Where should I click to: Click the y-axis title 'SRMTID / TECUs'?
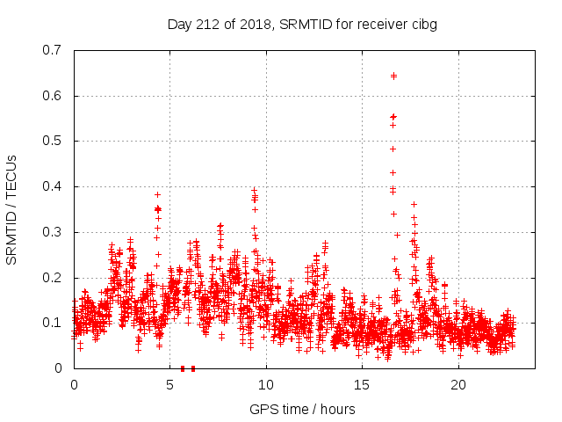(x=12, y=209)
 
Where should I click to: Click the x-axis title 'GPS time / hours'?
(x=302, y=409)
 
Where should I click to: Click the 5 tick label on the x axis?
(x=170, y=385)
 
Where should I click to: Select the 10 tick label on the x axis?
(x=266, y=385)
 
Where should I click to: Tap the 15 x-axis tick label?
(x=363, y=385)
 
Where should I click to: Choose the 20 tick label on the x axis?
(x=458, y=385)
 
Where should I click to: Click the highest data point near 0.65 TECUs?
(x=393, y=76)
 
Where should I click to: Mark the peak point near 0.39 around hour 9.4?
(x=254, y=190)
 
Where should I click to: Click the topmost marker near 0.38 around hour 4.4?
(x=158, y=194)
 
